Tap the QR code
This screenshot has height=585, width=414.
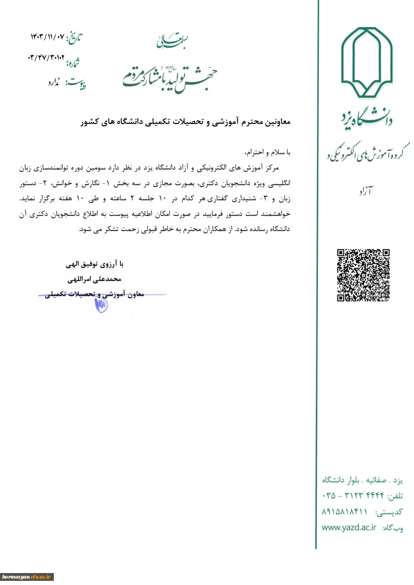point(363,275)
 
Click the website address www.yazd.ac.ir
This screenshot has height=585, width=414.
point(349,528)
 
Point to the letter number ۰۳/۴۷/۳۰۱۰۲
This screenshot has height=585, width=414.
point(46,58)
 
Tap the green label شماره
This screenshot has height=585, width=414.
point(75,62)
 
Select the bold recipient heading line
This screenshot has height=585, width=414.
point(185,122)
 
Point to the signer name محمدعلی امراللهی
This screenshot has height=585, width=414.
point(95,279)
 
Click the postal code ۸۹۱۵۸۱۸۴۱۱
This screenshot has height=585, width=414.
point(345,511)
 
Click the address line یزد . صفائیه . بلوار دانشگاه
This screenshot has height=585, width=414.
point(362,480)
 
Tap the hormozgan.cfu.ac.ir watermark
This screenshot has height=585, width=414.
point(27,577)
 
